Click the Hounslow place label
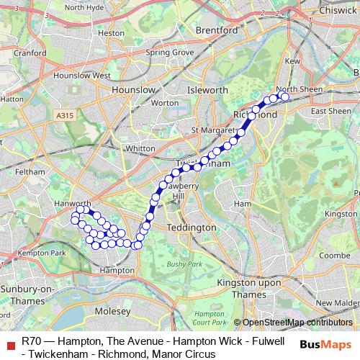point(133,89)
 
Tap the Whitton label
point(140,148)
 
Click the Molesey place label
point(114,311)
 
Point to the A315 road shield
point(64,113)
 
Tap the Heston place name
point(111,32)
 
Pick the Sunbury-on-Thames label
point(27,294)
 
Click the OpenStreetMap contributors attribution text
point(297,323)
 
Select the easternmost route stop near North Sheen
point(284,96)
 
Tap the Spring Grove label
point(170,53)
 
